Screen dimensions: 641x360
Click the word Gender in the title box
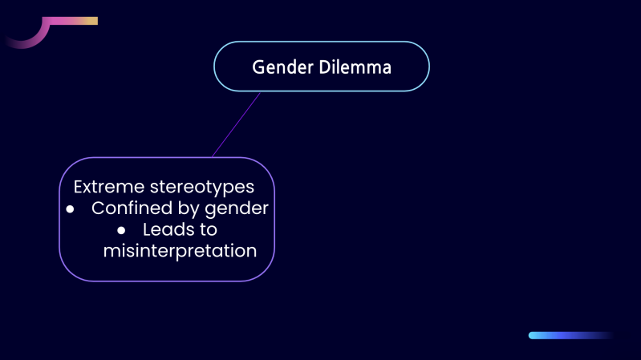278,67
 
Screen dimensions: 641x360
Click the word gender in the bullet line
240,208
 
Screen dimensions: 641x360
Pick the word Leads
169,229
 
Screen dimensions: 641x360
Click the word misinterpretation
180,251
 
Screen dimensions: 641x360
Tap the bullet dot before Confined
70,209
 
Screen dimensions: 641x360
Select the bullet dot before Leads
122,230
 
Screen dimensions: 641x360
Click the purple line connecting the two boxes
237,124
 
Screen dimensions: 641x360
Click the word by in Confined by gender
190,208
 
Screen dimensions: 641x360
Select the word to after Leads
209,229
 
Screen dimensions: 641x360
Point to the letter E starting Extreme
79,187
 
